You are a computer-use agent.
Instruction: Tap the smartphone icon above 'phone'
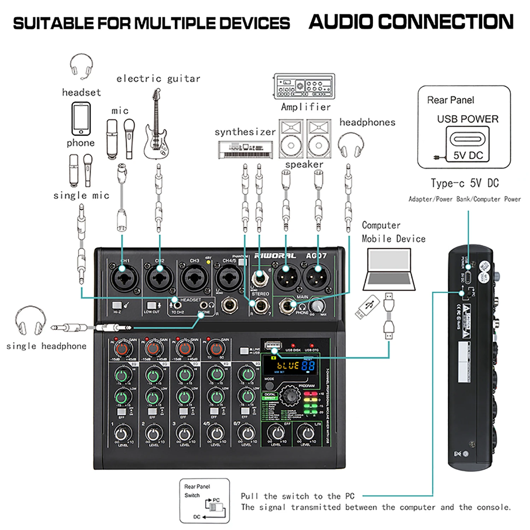coord(81,119)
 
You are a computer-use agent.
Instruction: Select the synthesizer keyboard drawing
coord(245,149)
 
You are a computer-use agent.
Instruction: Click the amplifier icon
coord(304,86)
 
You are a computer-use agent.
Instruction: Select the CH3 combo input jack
coord(194,278)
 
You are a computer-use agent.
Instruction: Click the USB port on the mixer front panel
coord(273,345)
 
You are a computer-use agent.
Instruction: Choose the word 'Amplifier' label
coord(306,107)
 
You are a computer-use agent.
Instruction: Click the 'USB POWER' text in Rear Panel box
coord(467,119)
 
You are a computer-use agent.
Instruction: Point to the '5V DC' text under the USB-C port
coord(468,155)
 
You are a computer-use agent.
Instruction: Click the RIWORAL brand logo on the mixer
coord(275,255)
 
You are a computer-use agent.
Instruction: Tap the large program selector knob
coord(290,396)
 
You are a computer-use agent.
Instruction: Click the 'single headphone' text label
coord(46,346)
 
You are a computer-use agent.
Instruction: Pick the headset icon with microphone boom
coord(82,66)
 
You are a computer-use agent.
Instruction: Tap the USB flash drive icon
coord(367,307)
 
